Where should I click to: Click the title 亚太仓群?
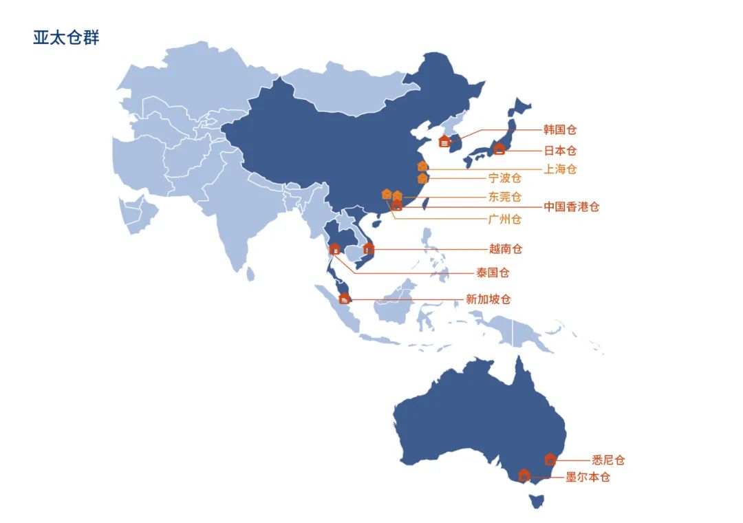[x=66, y=38]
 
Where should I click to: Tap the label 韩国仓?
[x=560, y=130]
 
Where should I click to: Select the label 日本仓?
[x=560, y=151]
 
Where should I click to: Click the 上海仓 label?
[x=560, y=169]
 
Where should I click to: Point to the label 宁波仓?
[x=505, y=179]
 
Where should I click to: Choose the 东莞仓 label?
[x=505, y=197]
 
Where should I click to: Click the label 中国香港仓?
[x=571, y=206]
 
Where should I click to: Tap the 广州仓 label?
[x=505, y=220]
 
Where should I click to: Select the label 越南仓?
[x=506, y=249]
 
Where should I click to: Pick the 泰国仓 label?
[x=493, y=273]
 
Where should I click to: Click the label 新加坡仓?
[x=488, y=299]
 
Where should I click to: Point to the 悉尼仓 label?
[x=608, y=460]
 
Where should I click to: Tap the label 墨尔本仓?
[x=588, y=477]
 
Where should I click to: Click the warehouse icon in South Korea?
[x=444, y=142]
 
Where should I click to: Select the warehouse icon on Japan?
[x=499, y=148]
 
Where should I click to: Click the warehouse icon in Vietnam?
[x=368, y=248]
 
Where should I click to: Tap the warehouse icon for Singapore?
[x=345, y=298]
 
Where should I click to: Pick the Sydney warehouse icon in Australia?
[x=550, y=459]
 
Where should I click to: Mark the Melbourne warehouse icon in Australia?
[x=524, y=474]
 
